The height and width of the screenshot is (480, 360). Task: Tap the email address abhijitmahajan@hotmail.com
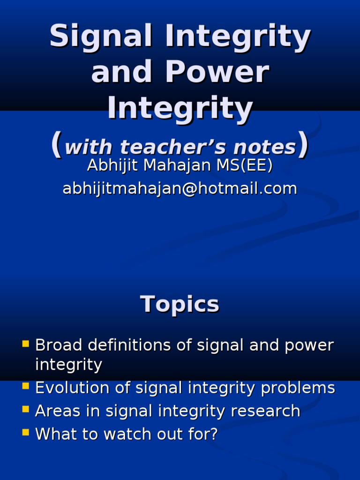click(x=180, y=188)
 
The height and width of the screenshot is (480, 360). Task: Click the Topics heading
click(x=180, y=305)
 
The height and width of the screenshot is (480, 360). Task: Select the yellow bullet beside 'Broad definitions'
click(x=26, y=344)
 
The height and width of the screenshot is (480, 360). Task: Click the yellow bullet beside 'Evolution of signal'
click(x=26, y=386)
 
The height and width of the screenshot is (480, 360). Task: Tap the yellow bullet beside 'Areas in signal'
click(x=26, y=409)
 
